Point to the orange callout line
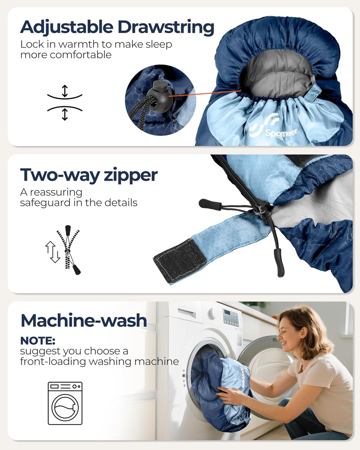click(x=205, y=94)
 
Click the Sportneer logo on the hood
click(x=273, y=127)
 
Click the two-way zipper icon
click(x=63, y=250)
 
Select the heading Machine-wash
click(x=84, y=321)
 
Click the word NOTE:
click(x=38, y=341)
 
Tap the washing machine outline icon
click(x=65, y=403)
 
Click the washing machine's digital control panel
click(x=231, y=317)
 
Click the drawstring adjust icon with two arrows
click(x=65, y=103)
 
